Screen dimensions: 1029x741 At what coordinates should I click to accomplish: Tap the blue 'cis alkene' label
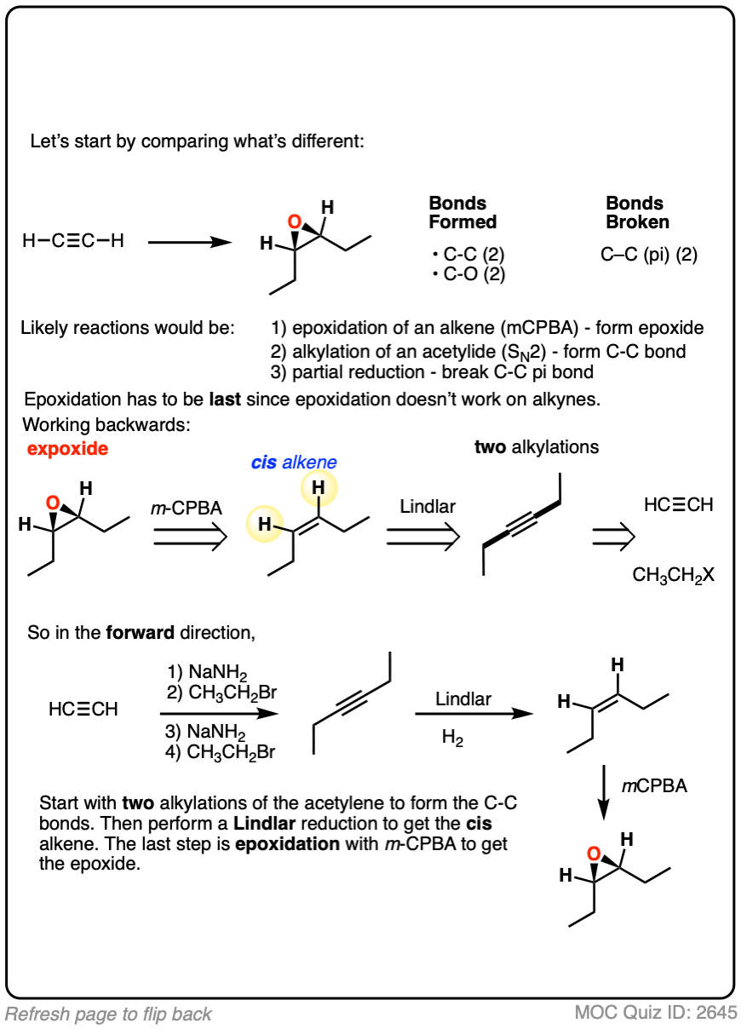click(294, 463)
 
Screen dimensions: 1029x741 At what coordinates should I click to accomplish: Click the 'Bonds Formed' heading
click(462, 213)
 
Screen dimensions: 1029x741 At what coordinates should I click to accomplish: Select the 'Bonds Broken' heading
click(637, 213)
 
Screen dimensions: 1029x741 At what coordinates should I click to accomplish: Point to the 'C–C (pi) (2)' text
click(650, 253)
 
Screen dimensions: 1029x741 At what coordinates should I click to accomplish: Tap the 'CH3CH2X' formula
click(673, 575)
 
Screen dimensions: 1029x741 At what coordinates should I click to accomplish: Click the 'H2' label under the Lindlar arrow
click(452, 738)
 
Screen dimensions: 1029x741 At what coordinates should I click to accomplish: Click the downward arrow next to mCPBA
click(602, 792)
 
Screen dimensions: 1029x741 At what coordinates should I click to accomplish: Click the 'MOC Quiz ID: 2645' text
click(655, 1013)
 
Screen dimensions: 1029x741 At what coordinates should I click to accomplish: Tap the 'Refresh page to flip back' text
click(108, 1014)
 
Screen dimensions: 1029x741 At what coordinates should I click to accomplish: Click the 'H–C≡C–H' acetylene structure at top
click(73, 241)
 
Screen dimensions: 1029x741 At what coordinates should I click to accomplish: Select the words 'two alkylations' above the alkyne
click(537, 446)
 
